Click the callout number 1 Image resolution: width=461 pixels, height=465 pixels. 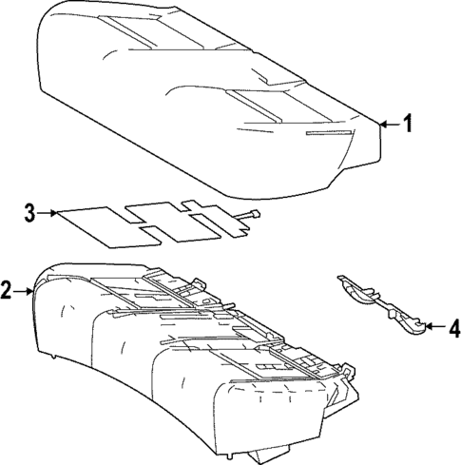[x=408, y=124]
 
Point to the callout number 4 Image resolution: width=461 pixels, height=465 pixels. [x=452, y=329]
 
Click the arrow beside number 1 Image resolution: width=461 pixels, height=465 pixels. [x=388, y=124]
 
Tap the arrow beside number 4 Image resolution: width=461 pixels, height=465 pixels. [x=432, y=328]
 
